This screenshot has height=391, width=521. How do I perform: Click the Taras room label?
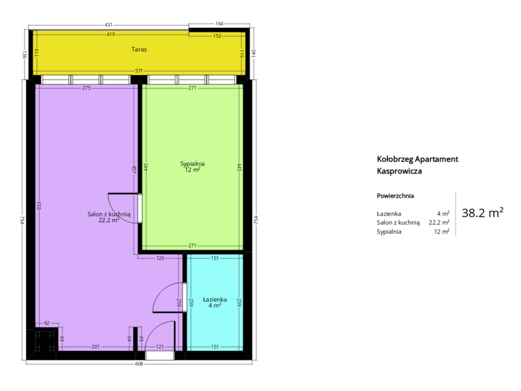pos(139,49)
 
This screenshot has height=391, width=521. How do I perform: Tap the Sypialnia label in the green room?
pos(192,163)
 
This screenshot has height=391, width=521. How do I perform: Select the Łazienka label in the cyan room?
pos(215,299)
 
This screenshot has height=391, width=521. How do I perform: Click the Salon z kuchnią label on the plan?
pos(109,214)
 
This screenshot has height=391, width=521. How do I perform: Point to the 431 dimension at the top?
pos(109,24)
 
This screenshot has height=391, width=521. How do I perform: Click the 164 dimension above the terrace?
pos(219,23)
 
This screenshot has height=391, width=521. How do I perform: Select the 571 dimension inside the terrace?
pos(139,71)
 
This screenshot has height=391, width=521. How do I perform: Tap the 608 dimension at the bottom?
pos(139,364)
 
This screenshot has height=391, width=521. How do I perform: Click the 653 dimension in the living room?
pos(39,206)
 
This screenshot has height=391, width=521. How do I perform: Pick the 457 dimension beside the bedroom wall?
pos(134,170)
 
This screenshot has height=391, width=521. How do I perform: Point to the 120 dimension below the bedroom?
pos(160,258)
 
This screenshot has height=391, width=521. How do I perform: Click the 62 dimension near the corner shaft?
pos(47,323)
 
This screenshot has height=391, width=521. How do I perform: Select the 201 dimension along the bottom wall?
pos(95,347)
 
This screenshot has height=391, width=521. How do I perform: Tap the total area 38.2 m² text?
pos(482,213)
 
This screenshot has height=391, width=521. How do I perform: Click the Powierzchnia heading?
pos(395,196)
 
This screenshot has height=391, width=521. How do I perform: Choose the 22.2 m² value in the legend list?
pos(439,222)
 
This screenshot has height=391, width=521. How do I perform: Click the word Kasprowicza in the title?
pos(399,171)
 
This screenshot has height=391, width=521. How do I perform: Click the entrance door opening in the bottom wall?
pos(160,355)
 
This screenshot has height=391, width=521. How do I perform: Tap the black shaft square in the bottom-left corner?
pos(45,339)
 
